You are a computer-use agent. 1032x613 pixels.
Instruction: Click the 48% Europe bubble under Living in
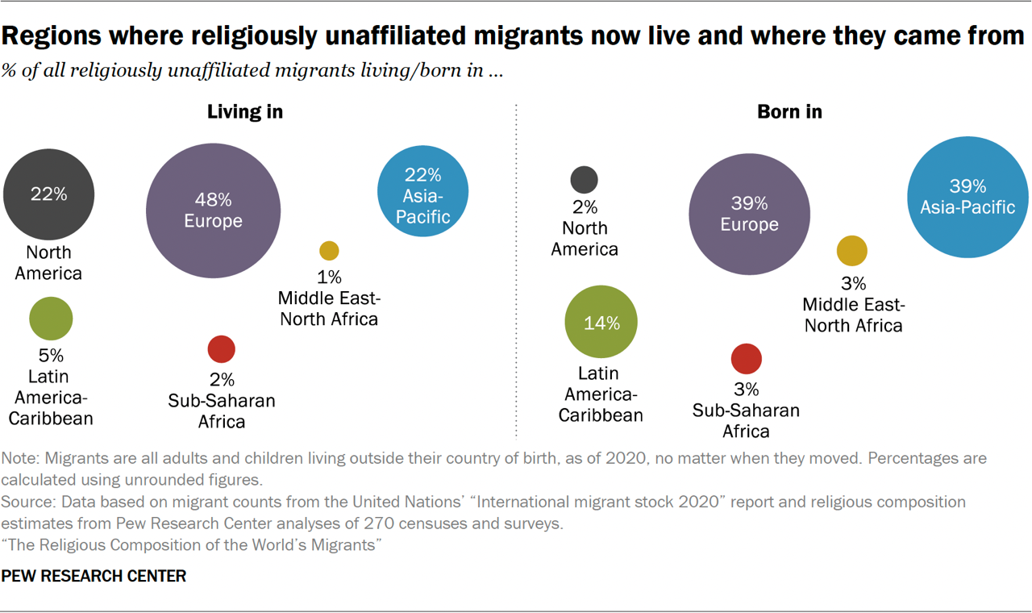click(x=213, y=211)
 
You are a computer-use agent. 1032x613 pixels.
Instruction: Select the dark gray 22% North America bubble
click(x=48, y=194)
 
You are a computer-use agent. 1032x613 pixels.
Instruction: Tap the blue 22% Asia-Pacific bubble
click(x=422, y=191)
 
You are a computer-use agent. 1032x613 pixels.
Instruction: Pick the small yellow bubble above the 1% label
click(x=329, y=250)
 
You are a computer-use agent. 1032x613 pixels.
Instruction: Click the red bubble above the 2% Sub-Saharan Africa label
click(x=222, y=349)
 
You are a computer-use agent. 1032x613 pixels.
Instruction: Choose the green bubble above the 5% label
click(x=51, y=318)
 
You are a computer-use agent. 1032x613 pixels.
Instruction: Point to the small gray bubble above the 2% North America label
click(x=585, y=179)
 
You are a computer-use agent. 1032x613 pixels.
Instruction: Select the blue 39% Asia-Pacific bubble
click(x=967, y=198)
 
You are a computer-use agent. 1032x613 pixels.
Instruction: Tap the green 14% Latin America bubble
click(x=601, y=322)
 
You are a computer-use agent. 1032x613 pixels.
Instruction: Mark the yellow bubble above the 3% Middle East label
click(x=852, y=251)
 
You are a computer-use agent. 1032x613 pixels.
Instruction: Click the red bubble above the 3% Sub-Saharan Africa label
click(x=747, y=359)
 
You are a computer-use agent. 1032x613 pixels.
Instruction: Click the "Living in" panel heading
click(x=245, y=111)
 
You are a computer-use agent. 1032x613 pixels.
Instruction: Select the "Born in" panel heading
click(x=789, y=111)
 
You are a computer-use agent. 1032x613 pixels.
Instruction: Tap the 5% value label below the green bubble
click(x=51, y=355)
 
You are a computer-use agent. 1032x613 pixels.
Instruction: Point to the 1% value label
click(x=329, y=277)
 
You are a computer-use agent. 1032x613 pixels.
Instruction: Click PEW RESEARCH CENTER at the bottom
click(x=94, y=576)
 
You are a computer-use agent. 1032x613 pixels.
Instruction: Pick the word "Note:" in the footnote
click(x=22, y=458)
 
